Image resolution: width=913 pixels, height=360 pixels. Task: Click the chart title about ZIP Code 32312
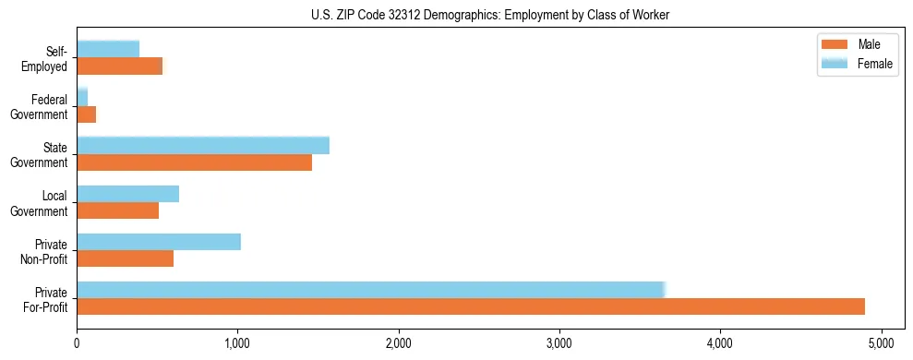pyautogui.click(x=456, y=14)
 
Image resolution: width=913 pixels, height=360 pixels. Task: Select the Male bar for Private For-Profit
pyautogui.click(x=471, y=306)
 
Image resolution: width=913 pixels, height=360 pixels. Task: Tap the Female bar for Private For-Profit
pyautogui.click(x=370, y=290)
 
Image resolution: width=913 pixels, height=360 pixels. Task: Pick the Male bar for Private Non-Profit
pyautogui.click(x=125, y=258)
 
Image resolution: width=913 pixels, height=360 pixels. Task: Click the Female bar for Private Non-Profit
pyautogui.click(x=159, y=242)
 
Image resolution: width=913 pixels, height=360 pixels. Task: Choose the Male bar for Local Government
pyautogui.click(x=117, y=210)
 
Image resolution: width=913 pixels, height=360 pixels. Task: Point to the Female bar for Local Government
pyautogui.click(x=127, y=194)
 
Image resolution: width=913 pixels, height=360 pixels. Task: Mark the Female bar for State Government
pyautogui.click(x=203, y=146)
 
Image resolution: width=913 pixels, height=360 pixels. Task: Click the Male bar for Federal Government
pyautogui.click(x=86, y=114)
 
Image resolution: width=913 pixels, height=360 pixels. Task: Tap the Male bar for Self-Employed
pyautogui.click(x=119, y=66)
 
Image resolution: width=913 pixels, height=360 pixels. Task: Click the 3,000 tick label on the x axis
pyautogui.click(x=559, y=343)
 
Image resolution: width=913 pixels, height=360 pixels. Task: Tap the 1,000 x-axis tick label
pyautogui.click(x=237, y=343)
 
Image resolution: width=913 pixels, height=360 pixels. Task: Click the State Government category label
pyautogui.click(x=43, y=155)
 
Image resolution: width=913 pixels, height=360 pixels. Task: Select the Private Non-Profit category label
pyautogui.click(x=45, y=251)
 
